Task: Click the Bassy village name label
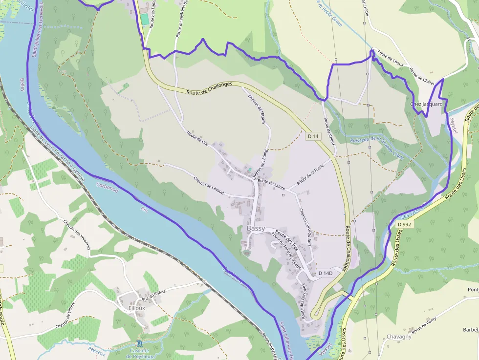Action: click(x=256, y=228)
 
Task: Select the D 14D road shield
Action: click(x=325, y=273)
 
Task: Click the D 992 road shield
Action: click(x=404, y=224)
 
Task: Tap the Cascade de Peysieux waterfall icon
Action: click(x=140, y=343)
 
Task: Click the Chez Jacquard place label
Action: click(x=426, y=104)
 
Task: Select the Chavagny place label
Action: click(x=399, y=337)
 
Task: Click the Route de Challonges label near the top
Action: click(x=210, y=88)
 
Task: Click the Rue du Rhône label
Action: click(x=153, y=295)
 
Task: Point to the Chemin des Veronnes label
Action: click(x=77, y=234)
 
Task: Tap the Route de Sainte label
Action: click(x=271, y=184)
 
